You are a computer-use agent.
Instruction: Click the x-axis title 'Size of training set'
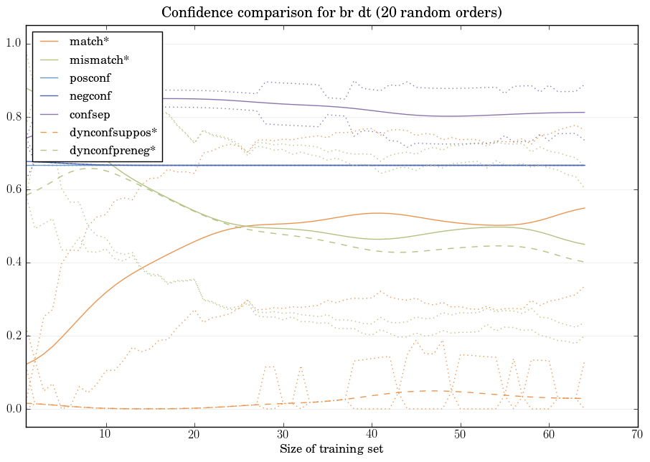331,449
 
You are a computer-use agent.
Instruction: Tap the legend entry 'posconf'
90,77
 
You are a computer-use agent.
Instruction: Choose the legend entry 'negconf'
90,95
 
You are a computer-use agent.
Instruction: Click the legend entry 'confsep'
90,113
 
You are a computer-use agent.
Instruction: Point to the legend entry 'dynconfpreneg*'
113,150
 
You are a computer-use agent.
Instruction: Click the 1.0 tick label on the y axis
14,44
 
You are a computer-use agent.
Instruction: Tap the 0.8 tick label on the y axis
14,117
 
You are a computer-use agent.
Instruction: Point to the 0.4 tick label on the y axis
14,263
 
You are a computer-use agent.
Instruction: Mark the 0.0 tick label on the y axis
14,409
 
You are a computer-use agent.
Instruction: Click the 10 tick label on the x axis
105,435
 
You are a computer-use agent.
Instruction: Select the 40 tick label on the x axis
372,435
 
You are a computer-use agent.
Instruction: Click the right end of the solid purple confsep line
584,112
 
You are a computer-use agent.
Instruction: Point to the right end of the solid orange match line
584,208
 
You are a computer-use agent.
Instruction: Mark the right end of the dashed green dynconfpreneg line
584,262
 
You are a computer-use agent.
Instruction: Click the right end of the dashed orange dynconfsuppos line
584,398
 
